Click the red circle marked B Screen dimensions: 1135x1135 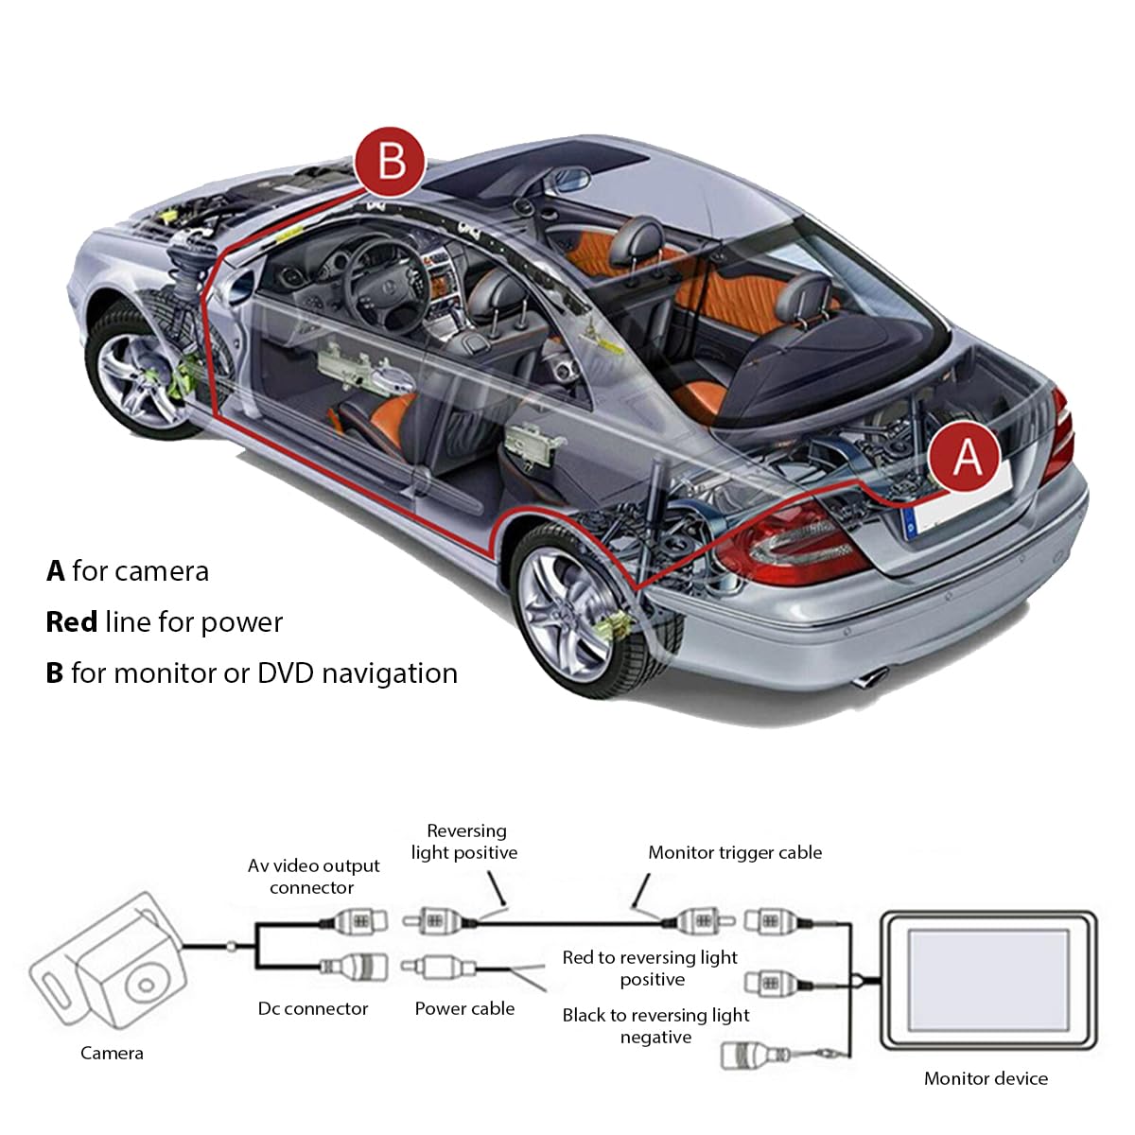tap(390, 162)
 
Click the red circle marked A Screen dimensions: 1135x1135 tap(964, 456)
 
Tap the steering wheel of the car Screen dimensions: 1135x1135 tap(386, 285)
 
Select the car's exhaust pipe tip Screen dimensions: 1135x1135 tap(869, 678)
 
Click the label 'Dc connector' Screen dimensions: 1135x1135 tap(313, 1009)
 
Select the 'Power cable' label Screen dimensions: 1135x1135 tap(464, 1009)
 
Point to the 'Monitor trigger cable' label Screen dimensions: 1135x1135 tap(735, 853)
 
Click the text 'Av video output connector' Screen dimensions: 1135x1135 tap(313, 877)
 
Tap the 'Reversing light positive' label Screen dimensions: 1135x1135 tap(464, 842)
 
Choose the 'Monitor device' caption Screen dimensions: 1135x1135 tap(986, 1078)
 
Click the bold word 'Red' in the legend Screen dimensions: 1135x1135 tap(71, 622)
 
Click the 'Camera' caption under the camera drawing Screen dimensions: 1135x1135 tap(112, 1053)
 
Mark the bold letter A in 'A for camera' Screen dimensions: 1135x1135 tap(56, 570)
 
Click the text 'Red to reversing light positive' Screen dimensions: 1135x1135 tap(650, 969)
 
